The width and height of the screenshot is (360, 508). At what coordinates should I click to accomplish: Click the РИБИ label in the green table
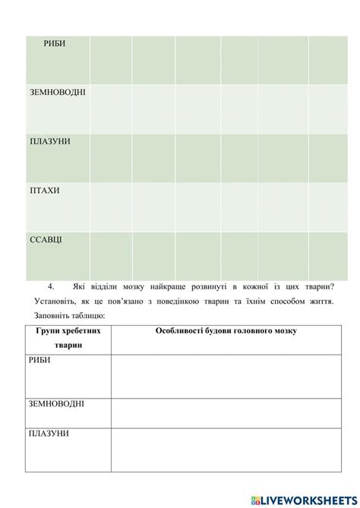coord(55,44)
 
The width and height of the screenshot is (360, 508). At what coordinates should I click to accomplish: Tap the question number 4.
coord(51,286)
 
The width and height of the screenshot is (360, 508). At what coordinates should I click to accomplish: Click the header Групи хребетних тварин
coord(68,338)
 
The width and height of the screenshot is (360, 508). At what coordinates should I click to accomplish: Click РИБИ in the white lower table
coord(41,360)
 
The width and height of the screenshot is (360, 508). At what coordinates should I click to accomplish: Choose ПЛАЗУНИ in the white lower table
coord(49,433)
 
